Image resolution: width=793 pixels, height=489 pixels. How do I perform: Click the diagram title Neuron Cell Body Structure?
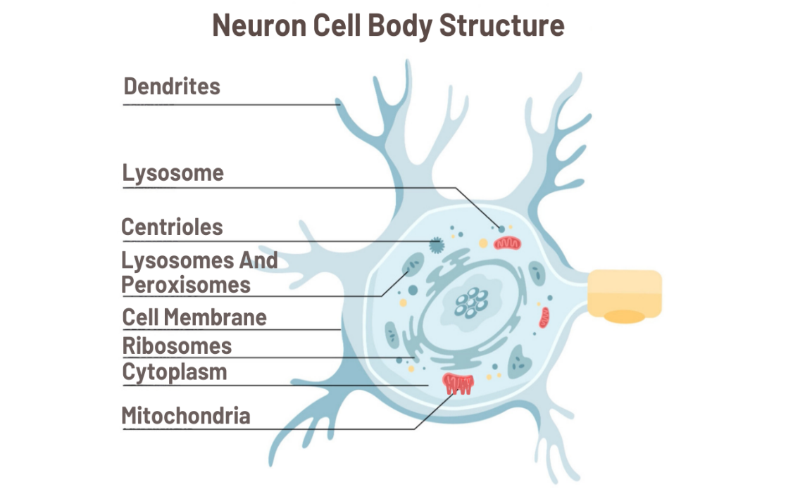click(388, 26)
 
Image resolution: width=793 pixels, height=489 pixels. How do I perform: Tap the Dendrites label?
click(172, 87)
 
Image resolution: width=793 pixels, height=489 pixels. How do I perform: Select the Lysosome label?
click(173, 173)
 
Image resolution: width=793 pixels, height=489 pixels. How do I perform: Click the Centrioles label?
click(172, 227)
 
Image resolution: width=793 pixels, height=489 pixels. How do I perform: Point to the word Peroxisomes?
click(186, 285)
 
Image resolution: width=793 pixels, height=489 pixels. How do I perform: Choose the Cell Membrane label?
click(194, 317)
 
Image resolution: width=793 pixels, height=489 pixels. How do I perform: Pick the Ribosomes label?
click(177, 346)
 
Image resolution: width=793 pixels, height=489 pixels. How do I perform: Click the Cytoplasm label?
click(175, 372)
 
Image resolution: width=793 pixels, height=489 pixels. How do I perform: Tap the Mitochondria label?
click(185, 416)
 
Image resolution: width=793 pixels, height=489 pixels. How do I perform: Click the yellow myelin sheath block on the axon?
click(625, 290)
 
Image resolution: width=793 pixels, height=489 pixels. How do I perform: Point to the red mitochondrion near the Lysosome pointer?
click(507, 243)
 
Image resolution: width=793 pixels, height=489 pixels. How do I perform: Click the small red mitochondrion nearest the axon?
click(544, 317)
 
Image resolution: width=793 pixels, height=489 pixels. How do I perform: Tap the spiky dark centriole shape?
click(437, 244)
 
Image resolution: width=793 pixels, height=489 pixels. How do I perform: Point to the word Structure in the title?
click(501, 26)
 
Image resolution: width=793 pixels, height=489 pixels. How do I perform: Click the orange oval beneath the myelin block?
click(624, 317)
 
